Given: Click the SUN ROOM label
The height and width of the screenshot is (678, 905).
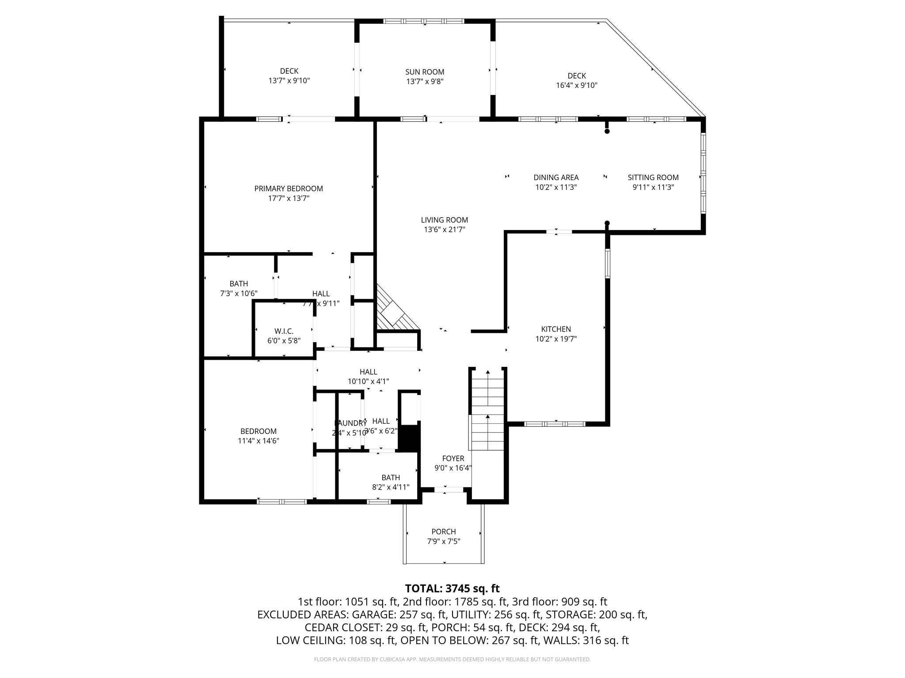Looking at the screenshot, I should pos(425,72).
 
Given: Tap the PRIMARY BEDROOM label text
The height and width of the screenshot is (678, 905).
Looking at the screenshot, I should pos(289,188).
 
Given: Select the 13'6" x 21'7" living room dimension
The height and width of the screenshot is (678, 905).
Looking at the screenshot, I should pos(444,230).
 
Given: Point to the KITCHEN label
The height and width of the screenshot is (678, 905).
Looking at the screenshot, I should pos(556,329).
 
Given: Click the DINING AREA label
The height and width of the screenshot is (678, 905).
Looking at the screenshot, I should pos(556,177).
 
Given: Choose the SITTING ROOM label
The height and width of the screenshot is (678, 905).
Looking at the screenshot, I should pos(653,177).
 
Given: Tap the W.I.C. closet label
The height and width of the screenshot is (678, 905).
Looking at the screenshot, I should pos(284,331).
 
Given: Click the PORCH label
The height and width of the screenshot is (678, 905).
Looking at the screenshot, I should pos(444,531).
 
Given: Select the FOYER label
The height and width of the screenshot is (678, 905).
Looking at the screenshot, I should pos(453,459).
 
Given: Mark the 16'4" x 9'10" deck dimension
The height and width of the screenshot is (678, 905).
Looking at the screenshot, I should pos(577,86).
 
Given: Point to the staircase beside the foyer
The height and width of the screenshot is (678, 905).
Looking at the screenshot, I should pos(488,408).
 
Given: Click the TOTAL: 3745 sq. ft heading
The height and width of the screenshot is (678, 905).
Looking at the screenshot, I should pos(452,588).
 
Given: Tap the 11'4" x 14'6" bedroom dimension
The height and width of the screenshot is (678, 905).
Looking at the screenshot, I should pos(259,441).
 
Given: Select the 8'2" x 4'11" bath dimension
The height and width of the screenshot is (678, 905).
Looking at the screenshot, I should pos(391,487).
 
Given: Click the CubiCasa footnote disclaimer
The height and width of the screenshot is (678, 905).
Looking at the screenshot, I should pos(452,659).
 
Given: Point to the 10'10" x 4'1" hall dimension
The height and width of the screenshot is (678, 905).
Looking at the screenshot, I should pos(368,381).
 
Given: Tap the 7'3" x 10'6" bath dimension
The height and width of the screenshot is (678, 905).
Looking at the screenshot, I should pos(239,294).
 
